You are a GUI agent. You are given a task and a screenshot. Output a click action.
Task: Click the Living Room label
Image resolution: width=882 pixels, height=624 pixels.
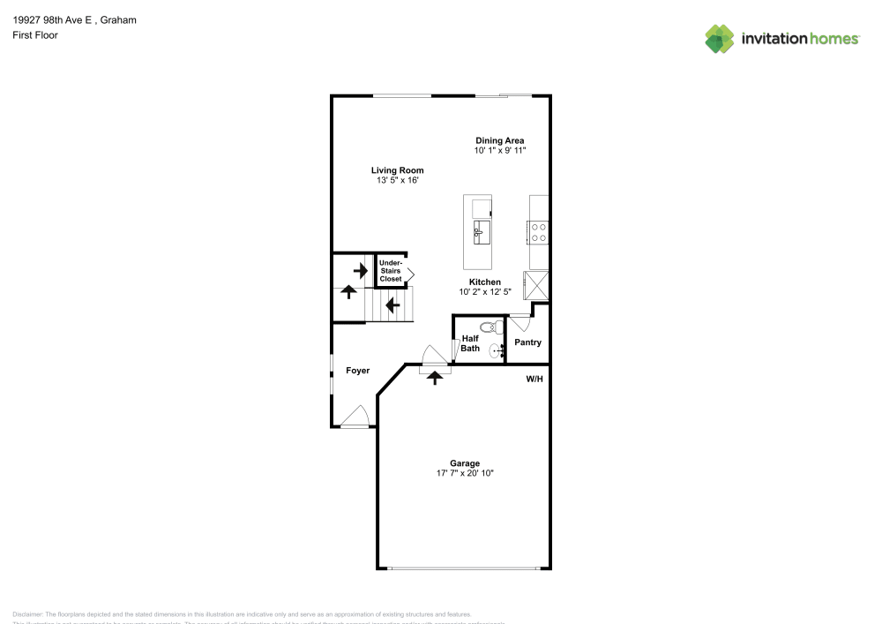[397, 170]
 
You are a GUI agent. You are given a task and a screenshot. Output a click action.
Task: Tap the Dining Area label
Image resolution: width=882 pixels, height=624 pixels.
[500, 140]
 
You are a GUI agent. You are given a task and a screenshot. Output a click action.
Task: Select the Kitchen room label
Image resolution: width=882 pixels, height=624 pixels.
[484, 282]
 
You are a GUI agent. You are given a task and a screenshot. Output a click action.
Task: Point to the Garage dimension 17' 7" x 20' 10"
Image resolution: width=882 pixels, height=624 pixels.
[465, 474]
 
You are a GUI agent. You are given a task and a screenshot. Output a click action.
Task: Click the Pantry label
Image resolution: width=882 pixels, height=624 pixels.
[527, 342]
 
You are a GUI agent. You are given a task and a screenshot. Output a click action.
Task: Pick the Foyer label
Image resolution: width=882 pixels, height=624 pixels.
[357, 371]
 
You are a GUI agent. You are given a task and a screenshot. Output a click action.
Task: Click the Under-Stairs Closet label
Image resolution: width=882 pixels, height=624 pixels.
[390, 270]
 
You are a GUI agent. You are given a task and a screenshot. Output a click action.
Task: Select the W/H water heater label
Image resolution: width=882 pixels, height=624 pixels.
[534, 380]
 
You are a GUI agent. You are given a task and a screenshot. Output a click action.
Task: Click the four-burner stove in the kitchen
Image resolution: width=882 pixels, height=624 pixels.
[538, 232]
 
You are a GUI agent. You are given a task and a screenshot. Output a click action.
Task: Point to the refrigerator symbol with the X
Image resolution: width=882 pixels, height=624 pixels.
[535, 285]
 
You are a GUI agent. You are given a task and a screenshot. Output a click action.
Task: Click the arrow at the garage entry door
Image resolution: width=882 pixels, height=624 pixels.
[434, 377]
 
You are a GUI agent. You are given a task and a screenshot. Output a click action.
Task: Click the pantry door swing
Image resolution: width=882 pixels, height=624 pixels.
[519, 322]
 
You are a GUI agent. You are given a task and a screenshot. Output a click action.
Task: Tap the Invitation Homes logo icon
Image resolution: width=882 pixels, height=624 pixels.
[720, 38]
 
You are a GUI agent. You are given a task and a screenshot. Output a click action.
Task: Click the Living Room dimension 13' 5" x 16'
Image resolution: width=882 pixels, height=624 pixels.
[397, 181]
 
